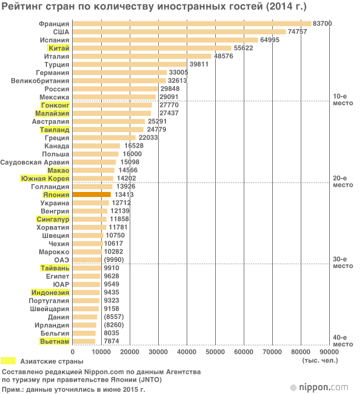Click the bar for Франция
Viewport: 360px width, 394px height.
192,24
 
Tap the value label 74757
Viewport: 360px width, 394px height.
299,32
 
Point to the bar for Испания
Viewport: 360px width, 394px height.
165,40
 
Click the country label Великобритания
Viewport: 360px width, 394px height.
40,81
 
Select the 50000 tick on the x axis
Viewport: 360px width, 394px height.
215,351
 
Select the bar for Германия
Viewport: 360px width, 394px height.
120,73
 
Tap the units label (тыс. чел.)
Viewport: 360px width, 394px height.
319,360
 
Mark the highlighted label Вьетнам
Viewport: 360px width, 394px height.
54,341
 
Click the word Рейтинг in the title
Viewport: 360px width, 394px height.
21,6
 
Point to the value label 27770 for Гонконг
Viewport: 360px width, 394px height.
168,105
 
